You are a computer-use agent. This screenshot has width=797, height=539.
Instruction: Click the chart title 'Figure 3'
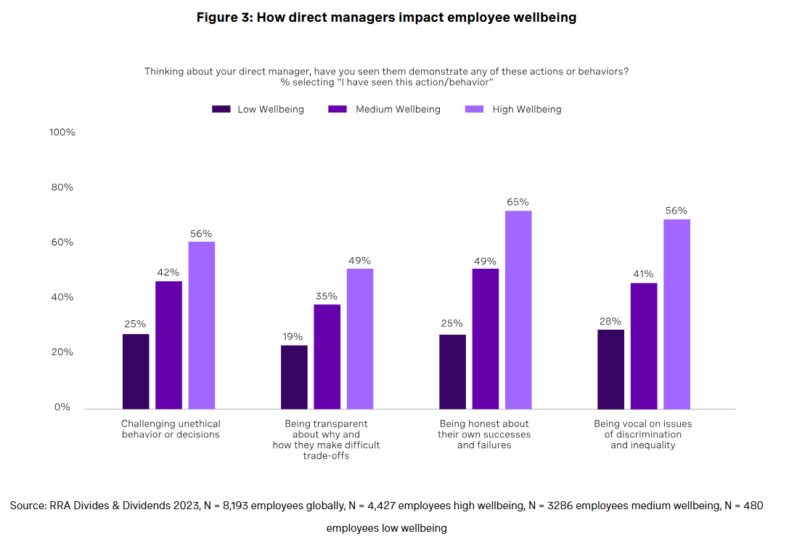pyautogui.click(x=386, y=17)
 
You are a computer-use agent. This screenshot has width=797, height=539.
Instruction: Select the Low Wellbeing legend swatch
pyautogui.click(x=221, y=109)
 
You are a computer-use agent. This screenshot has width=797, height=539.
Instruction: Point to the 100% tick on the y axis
pyautogui.click(x=62, y=132)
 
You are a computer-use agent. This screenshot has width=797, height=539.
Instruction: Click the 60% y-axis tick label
pyautogui.click(x=62, y=242)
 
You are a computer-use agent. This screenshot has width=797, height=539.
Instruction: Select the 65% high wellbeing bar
pyautogui.click(x=518, y=309)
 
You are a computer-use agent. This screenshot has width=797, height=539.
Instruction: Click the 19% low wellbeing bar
pyautogui.click(x=294, y=376)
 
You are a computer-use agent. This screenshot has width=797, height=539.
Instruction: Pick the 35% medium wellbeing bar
pyautogui.click(x=327, y=356)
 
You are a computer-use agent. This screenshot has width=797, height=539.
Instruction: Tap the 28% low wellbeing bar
pyautogui.click(x=610, y=369)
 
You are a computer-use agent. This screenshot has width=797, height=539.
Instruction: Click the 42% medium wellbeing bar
pyautogui.click(x=168, y=344)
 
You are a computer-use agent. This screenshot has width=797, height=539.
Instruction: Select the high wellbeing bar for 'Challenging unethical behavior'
pyautogui.click(x=202, y=325)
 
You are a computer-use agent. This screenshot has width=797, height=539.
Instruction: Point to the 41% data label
pyautogui.click(x=643, y=274)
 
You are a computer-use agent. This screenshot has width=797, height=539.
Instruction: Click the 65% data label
pyautogui.click(x=518, y=202)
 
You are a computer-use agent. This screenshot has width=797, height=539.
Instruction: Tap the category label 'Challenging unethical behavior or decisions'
pyautogui.click(x=171, y=429)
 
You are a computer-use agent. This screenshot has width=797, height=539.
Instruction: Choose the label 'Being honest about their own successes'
pyautogui.click(x=484, y=434)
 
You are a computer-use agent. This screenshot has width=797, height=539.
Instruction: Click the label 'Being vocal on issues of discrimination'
pyautogui.click(x=642, y=434)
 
